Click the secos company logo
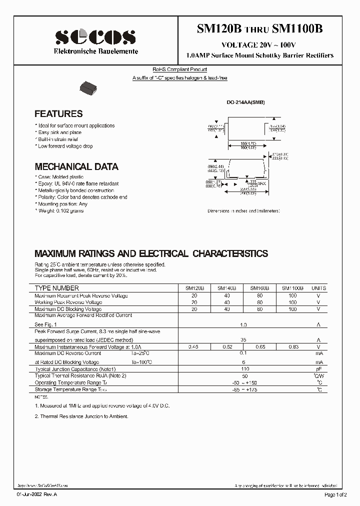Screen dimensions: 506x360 [x=95, y=37]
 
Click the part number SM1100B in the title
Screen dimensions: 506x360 [x=297, y=29]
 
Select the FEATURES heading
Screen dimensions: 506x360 [x=58, y=113]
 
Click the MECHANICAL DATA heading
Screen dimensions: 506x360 [x=76, y=166]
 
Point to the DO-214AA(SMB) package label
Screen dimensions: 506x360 [x=245, y=102]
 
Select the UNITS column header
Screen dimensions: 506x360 [x=318, y=288]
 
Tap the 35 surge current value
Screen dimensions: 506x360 [x=243, y=339]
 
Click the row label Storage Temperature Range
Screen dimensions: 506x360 [x=70, y=389]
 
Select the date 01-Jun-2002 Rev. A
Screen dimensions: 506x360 [x=37, y=494]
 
